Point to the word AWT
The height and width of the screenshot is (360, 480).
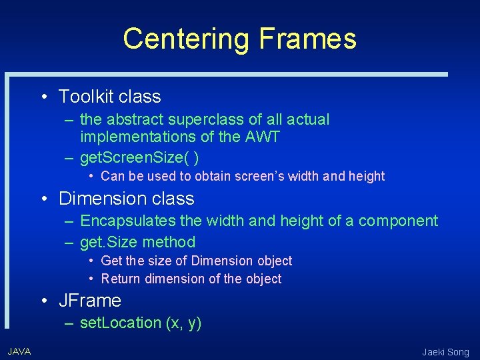263,137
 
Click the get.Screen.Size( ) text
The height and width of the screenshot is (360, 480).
139,158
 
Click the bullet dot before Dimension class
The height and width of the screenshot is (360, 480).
43,199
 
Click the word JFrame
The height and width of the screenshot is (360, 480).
90,301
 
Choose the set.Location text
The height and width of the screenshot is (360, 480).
121,323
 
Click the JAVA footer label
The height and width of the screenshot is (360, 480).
19,351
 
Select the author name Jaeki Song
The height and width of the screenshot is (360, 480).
445,352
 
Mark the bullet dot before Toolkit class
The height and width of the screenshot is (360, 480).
43,97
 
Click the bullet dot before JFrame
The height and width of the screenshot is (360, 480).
43,301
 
